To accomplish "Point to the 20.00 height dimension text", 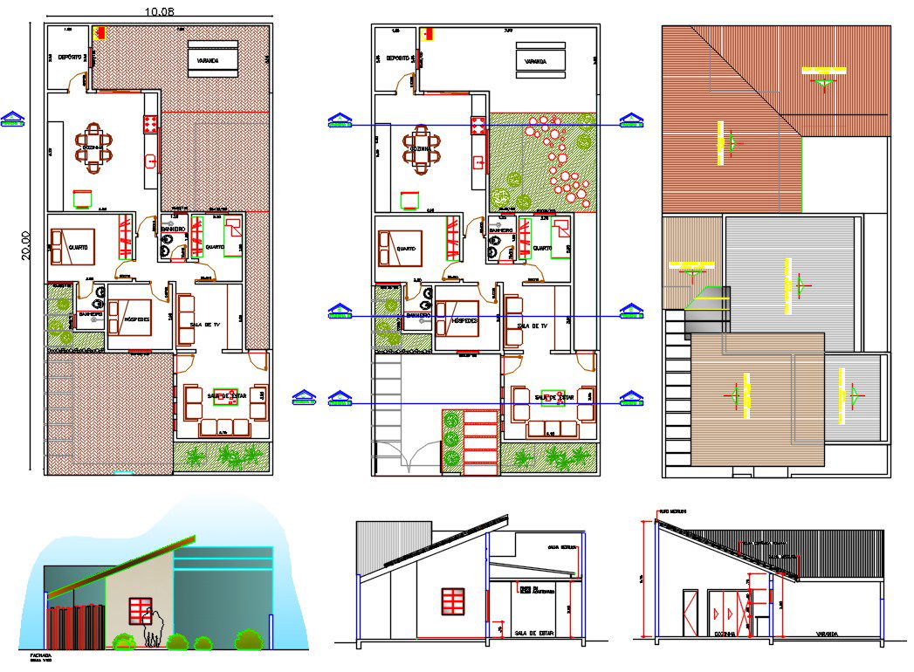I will point(26,243).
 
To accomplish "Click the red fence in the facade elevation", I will point(75,628).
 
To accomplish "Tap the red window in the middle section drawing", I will point(452,601).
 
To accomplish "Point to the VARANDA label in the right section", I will point(827,634).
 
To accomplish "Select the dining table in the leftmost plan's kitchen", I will point(93,145).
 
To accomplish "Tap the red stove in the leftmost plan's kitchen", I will point(149,126).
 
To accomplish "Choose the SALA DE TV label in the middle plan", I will point(531,326).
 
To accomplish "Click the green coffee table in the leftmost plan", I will point(224,396).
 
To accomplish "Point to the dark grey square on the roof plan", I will point(698,325).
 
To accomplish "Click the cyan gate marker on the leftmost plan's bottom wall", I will point(124,473).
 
